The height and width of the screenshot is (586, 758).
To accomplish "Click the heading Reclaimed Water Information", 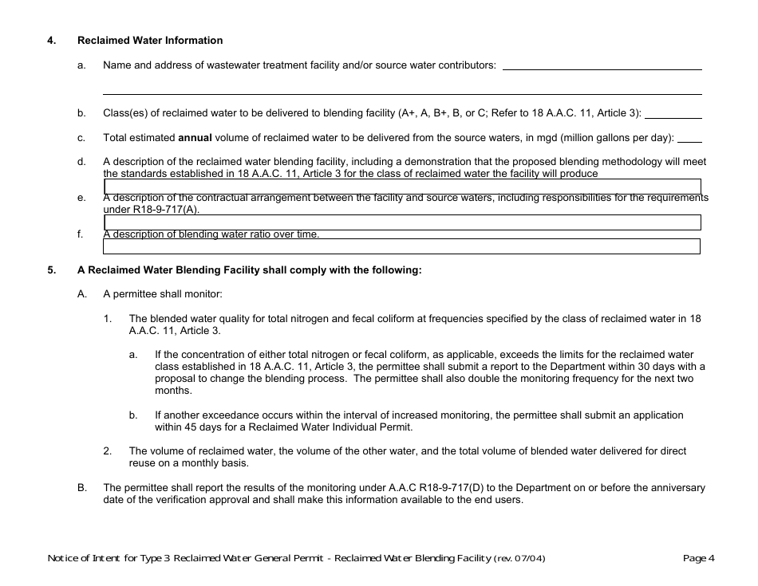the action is click(x=150, y=41).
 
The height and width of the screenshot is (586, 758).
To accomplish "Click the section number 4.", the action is click(x=51, y=41).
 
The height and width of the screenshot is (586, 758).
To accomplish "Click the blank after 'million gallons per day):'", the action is click(x=689, y=138).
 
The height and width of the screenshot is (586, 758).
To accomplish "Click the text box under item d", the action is click(x=402, y=187).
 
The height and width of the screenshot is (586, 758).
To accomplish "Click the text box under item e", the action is click(x=402, y=222).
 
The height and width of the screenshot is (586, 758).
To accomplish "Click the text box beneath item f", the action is click(x=402, y=246).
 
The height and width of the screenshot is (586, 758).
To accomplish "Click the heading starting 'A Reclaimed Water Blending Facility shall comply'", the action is click(x=249, y=270).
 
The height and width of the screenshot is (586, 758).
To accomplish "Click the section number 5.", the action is click(x=51, y=270).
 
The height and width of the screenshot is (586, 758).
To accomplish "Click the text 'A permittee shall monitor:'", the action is click(x=162, y=294).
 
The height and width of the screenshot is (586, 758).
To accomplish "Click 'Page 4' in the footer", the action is click(x=699, y=558).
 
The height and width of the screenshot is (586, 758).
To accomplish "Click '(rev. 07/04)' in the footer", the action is click(x=520, y=558).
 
